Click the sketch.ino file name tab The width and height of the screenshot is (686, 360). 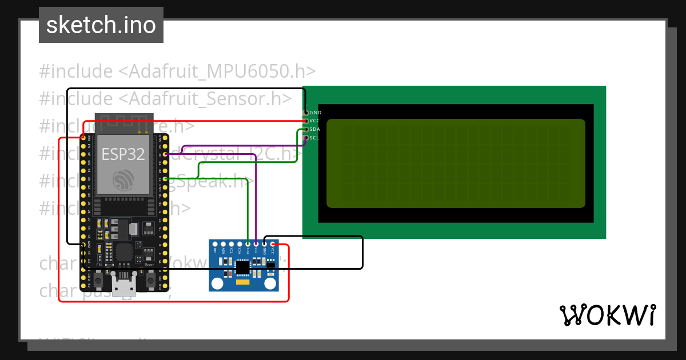[x=101, y=25]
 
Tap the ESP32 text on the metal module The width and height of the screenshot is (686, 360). [x=123, y=154]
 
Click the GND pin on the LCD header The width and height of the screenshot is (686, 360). [x=305, y=113]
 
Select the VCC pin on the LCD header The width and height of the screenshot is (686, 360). [x=305, y=121]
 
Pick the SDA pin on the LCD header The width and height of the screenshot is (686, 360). [x=305, y=130]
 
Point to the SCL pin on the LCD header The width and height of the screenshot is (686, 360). [x=305, y=138]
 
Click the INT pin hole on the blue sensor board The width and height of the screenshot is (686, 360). [x=215, y=245]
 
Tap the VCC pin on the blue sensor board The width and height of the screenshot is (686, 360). [x=273, y=245]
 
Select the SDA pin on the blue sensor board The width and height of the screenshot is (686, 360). [x=248, y=245]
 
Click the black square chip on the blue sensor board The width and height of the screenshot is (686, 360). [x=243, y=267]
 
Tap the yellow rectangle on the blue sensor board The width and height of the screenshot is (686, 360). [x=243, y=282]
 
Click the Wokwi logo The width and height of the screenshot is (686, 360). [x=607, y=315]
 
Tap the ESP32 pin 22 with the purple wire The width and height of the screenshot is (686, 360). [x=165, y=154]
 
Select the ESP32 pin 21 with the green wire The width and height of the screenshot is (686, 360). [x=165, y=179]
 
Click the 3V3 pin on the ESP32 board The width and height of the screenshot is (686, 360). [x=83, y=138]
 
